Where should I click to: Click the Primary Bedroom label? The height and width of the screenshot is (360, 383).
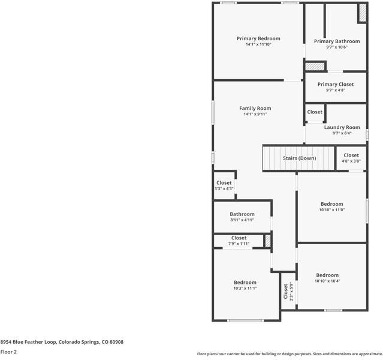click(x=258, y=38)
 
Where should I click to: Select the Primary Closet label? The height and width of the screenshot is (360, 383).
click(x=335, y=85)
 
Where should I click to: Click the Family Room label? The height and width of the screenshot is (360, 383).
click(x=255, y=109)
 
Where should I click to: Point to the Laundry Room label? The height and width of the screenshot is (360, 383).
click(x=342, y=127)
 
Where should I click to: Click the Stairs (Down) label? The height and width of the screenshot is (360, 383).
click(x=299, y=158)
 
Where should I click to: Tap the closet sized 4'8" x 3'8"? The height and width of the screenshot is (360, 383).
click(x=351, y=158)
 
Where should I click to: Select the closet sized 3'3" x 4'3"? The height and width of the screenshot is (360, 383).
click(x=224, y=185)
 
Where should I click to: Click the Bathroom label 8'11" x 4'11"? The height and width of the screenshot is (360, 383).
click(x=242, y=217)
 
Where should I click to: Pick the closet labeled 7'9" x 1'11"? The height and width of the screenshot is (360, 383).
click(x=239, y=241)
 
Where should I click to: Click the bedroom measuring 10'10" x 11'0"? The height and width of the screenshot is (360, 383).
click(x=331, y=207)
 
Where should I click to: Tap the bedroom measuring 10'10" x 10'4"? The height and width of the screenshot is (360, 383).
click(x=327, y=278)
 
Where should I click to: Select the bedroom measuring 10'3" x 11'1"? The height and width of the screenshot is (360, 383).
click(x=245, y=285)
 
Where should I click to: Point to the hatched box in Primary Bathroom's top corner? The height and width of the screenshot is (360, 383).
click(x=362, y=13)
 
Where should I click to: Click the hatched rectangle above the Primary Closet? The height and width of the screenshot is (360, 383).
click(x=315, y=66)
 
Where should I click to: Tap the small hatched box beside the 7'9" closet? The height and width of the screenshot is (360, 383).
click(x=268, y=241)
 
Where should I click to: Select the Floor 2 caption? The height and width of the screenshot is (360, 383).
click(x=8, y=352)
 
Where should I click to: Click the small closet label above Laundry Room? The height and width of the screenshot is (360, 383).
click(x=315, y=112)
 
